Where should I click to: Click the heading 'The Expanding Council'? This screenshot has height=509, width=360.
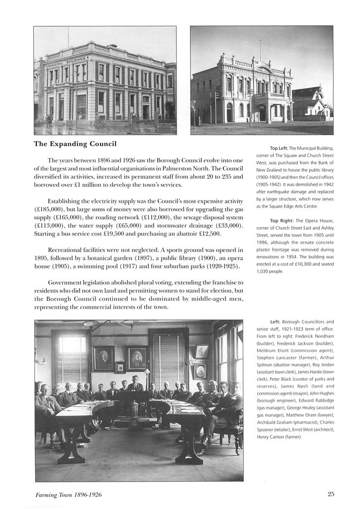(x=75, y=144)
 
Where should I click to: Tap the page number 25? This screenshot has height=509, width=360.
(x=331, y=494)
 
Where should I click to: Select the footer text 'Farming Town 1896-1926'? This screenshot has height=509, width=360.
(x=69, y=495)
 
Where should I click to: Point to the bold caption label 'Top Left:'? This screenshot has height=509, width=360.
(x=279, y=148)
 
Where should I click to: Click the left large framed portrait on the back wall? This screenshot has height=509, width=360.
(x=103, y=358)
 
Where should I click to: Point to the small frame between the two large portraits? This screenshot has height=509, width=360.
(x=120, y=367)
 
